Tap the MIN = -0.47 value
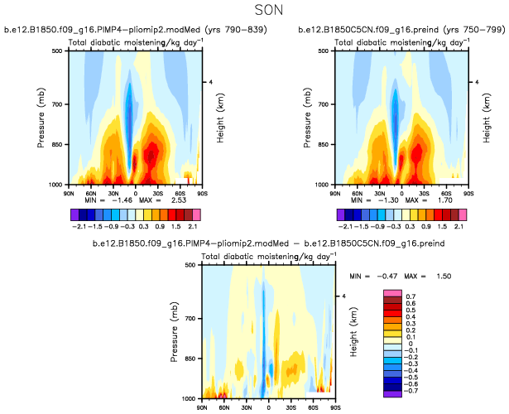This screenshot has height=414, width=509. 382,275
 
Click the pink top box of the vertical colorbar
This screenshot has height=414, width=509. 392,294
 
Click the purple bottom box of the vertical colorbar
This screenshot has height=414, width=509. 392,393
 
